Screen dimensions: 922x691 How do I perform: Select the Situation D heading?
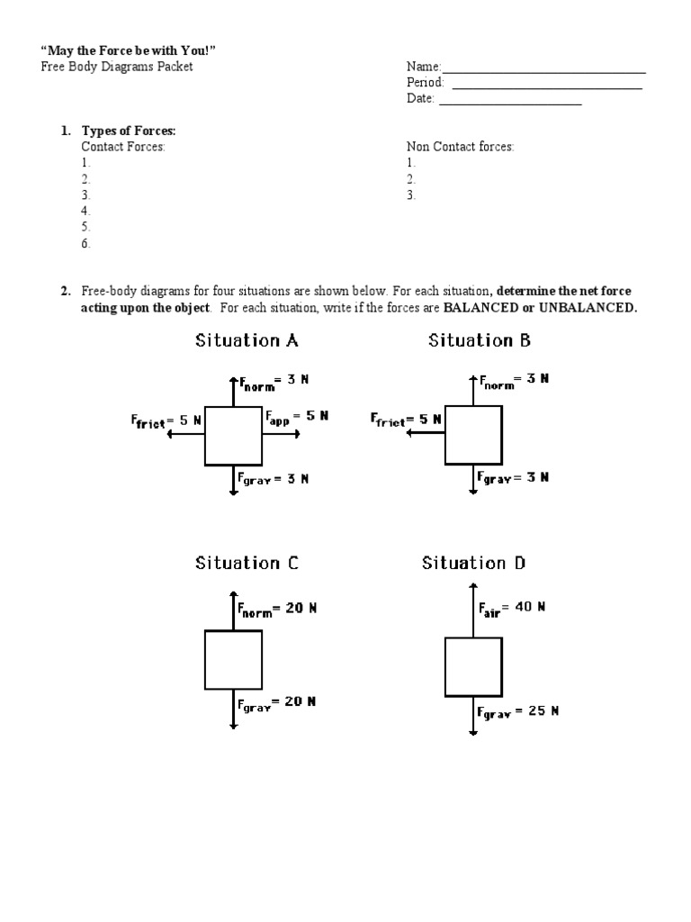point(474,563)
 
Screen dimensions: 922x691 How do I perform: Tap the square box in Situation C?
point(233,659)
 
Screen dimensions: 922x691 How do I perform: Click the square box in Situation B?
point(473,435)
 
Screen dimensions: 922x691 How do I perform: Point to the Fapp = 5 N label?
point(297,417)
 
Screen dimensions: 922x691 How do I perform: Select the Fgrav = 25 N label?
point(517,711)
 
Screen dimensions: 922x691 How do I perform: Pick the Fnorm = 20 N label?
point(276,610)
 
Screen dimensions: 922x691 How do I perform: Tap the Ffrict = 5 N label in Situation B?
point(406,420)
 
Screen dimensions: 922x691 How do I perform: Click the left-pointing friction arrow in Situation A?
point(186,434)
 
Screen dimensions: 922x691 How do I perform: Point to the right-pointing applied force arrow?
point(282,434)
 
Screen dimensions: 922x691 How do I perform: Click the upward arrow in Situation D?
point(473,608)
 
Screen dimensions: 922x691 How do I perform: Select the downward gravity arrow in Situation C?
point(233,708)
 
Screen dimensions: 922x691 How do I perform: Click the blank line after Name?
point(543,70)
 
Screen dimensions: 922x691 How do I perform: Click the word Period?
point(425,83)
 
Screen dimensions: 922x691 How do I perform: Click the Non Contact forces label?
point(460,147)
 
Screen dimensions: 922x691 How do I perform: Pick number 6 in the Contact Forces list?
point(86,244)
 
